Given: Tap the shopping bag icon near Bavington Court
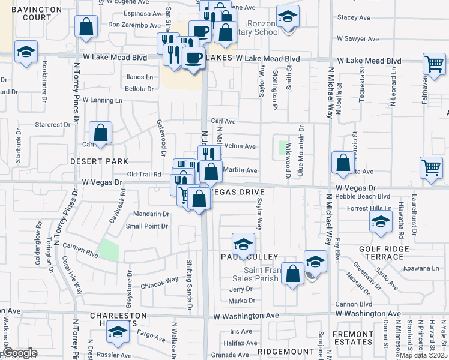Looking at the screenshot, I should (x=86, y=26).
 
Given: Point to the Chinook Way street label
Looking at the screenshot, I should (x=160, y=280).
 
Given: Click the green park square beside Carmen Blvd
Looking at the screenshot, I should (x=109, y=250).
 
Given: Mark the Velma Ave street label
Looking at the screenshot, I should (x=240, y=146).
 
